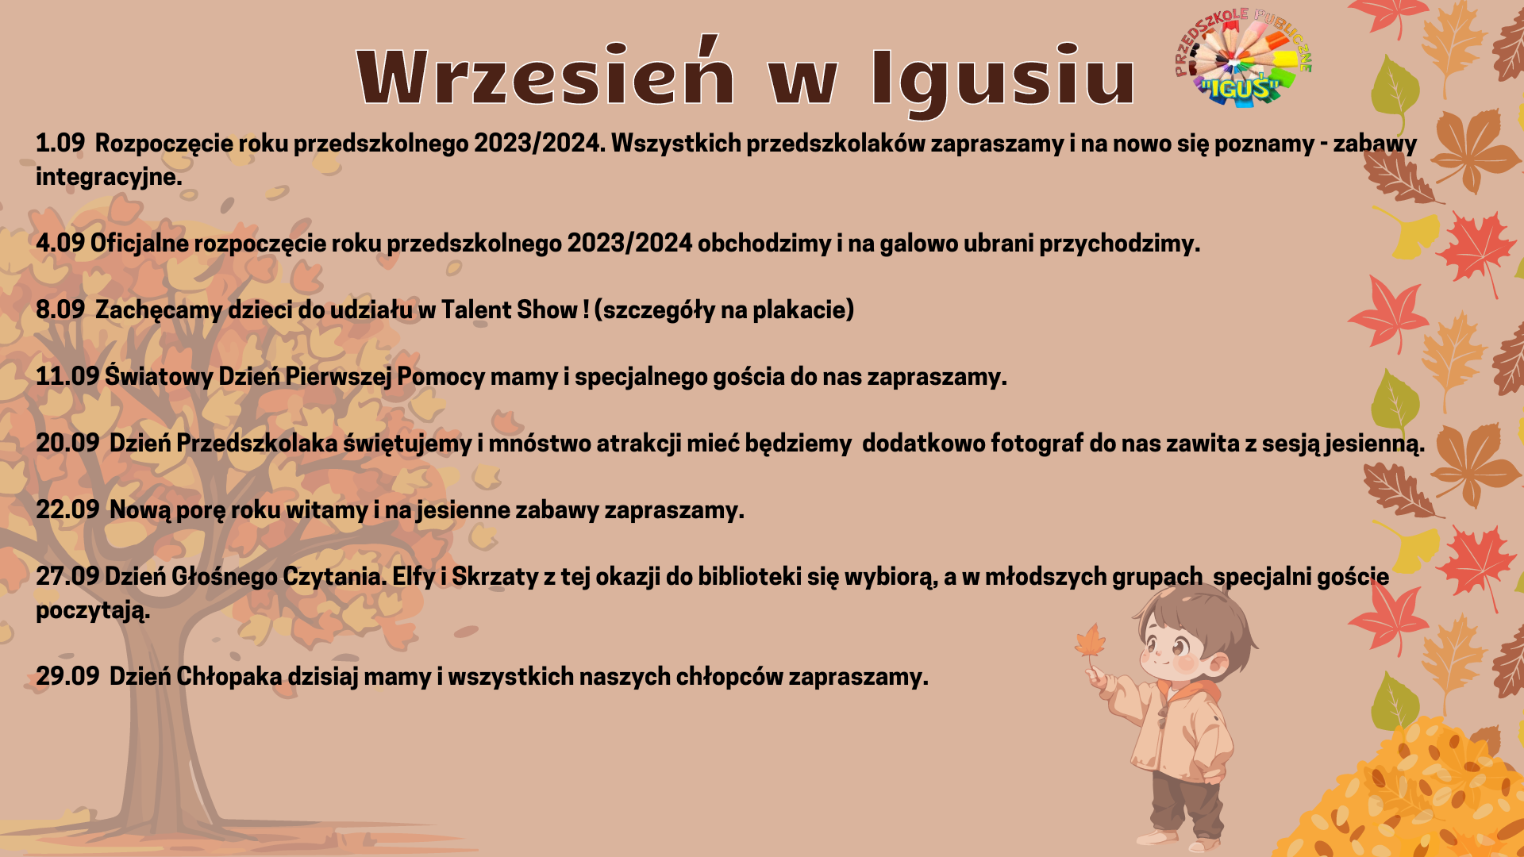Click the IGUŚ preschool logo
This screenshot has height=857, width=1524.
1243,57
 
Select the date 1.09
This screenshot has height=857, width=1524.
60,143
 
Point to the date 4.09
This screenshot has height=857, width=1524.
60,243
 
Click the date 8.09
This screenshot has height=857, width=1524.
60,309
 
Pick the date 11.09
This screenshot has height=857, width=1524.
67,376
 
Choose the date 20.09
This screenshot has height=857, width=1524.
67,443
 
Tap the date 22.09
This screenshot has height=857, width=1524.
67,509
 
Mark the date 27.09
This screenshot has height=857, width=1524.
67,576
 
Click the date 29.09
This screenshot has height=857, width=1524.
67,676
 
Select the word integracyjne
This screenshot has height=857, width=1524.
109,178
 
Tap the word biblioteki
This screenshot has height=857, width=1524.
749,576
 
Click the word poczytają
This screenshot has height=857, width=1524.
93,611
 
